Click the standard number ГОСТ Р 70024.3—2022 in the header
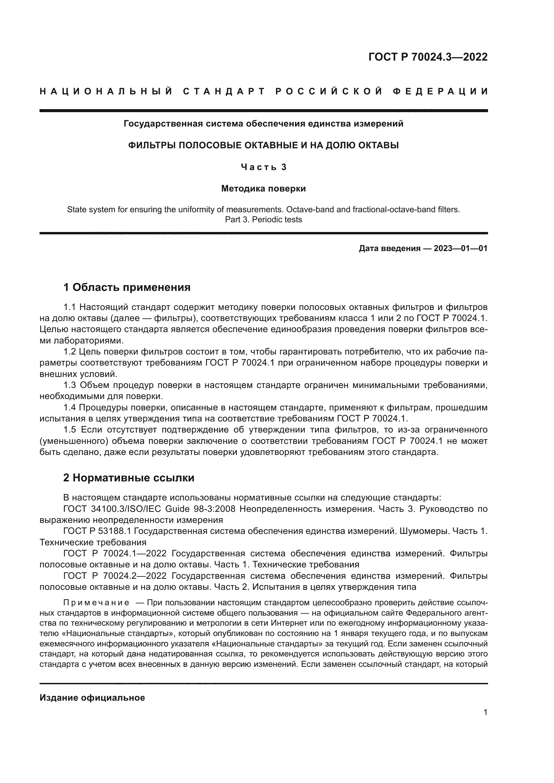coord(428,57)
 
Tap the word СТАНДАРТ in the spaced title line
coord(224,91)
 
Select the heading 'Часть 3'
coord(263,167)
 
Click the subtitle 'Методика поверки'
coord(263,188)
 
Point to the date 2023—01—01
coord(460,248)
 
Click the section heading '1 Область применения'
coord(127,288)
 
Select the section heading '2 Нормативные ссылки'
coord(129,478)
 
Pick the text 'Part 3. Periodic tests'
coord(263,220)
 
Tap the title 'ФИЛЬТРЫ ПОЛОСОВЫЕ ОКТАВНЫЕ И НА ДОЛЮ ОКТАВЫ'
coord(263,146)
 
